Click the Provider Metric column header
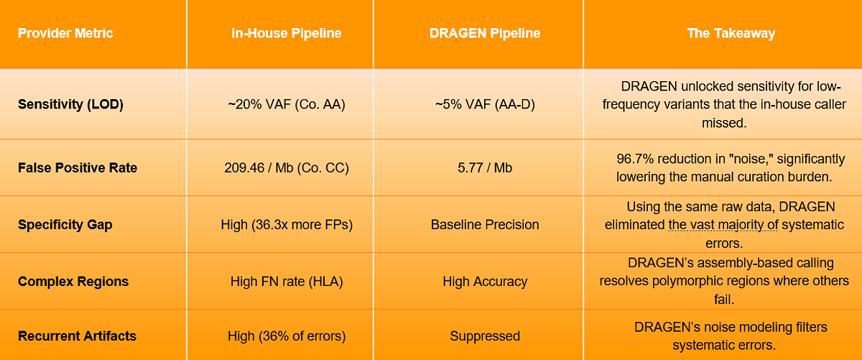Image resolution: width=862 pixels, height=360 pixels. click(65, 34)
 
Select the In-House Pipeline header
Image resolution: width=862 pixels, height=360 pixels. click(287, 34)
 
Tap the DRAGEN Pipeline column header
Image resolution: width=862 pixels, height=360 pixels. click(485, 34)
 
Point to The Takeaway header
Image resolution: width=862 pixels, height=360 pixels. click(731, 34)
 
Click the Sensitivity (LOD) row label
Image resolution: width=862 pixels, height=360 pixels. click(70, 104)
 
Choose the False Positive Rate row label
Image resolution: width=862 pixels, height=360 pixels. click(78, 168)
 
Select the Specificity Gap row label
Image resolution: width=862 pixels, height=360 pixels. click(65, 225)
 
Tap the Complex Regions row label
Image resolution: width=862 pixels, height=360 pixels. click(73, 282)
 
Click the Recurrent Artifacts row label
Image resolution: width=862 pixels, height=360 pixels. click(77, 336)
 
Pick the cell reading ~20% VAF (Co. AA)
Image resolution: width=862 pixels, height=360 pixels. click(287, 104)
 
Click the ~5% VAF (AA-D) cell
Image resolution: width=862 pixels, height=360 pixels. click(485, 104)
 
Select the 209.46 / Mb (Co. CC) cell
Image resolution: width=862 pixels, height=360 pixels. click(287, 168)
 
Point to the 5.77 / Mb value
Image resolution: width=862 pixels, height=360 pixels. click(485, 168)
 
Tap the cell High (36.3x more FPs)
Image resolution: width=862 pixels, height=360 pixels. click(287, 225)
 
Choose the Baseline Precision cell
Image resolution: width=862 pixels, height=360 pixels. click(485, 225)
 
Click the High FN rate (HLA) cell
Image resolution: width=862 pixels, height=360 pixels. click(287, 282)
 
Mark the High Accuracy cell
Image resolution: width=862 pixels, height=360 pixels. click(485, 282)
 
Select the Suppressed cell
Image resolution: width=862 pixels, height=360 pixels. click(485, 336)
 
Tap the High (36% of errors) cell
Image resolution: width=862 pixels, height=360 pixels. click(287, 336)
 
